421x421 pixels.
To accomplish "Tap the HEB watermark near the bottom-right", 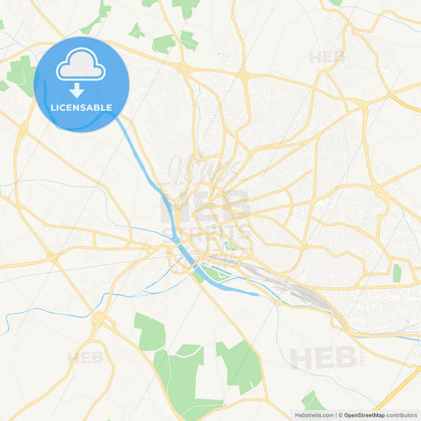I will point(324,358).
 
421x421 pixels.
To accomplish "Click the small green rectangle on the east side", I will point(397,273).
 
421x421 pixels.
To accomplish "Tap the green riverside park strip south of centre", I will point(209,273).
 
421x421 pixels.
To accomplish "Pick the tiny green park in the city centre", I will point(231,244).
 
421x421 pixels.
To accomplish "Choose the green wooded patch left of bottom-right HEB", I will point(239,363).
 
